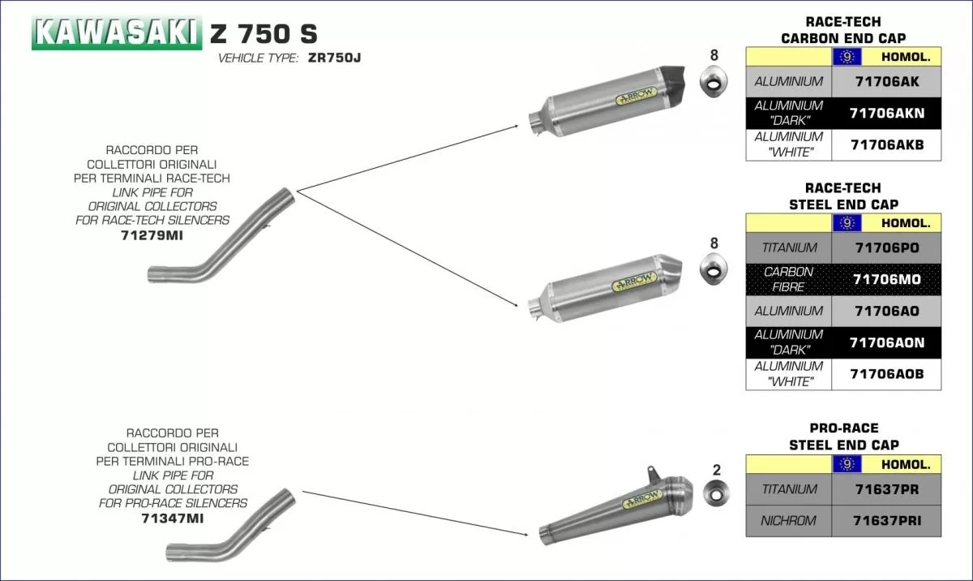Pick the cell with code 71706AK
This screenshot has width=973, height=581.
(x=886, y=82)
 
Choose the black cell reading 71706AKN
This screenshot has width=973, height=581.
(x=886, y=114)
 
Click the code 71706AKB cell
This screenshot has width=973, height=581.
(x=886, y=144)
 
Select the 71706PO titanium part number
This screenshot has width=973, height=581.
(x=886, y=247)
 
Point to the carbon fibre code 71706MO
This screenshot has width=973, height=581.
(x=886, y=279)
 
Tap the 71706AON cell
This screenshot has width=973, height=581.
(x=886, y=342)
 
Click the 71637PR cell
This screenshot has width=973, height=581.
(x=886, y=489)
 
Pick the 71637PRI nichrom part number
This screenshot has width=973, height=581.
(x=886, y=520)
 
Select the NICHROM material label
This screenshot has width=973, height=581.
(x=788, y=520)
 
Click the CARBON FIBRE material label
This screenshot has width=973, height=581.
(x=788, y=279)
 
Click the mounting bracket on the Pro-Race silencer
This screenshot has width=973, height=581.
(x=652, y=472)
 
